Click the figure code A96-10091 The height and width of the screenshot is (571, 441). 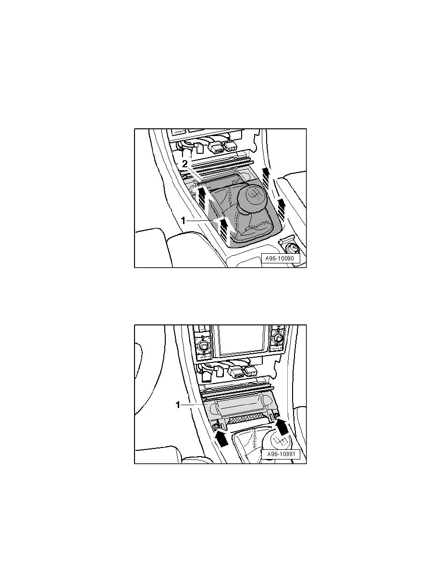coord(280,455)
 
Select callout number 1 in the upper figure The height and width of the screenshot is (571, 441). coord(184,221)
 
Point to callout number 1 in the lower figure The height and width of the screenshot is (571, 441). coord(178,405)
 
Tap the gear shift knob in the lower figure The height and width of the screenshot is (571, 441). coord(280,439)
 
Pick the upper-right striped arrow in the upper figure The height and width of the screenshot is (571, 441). coord(267,176)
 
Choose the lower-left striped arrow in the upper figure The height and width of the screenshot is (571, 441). coord(223,229)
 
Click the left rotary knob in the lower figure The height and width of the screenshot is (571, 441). coord(203,345)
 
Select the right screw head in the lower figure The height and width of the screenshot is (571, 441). coord(277,416)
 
